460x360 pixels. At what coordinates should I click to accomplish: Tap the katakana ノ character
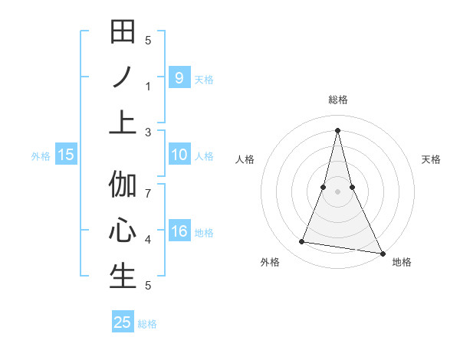[123, 78]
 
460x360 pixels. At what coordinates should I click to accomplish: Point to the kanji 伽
[123, 185]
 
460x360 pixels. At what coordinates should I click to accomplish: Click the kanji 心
[123, 231]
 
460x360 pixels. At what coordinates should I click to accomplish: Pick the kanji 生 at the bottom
[123, 276]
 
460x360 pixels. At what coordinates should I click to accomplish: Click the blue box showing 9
[179, 77]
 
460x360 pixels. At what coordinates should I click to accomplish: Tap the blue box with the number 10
[179, 155]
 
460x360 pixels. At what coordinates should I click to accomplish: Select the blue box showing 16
[179, 232]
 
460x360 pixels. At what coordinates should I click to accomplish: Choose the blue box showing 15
[66, 155]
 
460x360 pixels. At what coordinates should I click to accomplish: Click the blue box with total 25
[123, 322]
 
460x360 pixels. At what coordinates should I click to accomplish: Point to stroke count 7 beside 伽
[149, 193]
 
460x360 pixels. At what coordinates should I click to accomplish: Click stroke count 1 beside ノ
[149, 86]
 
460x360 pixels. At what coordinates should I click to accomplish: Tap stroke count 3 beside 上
[149, 132]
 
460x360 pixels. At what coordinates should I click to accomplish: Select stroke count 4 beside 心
[149, 239]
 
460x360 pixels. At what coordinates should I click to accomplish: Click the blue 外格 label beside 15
[41, 155]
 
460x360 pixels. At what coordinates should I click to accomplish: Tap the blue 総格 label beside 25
[147, 323]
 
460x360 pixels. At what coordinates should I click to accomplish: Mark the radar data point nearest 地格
[382, 253]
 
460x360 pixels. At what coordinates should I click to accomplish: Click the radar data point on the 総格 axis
[337, 129]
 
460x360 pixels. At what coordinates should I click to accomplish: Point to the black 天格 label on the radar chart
[432, 159]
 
